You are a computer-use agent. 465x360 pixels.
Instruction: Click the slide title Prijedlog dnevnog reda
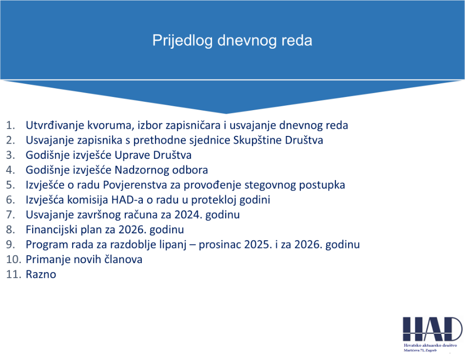click(232, 40)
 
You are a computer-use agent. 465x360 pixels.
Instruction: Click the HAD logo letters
click(432, 329)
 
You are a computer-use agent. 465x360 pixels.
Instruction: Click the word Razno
click(41, 274)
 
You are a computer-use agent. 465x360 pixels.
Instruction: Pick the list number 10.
click(14, 259)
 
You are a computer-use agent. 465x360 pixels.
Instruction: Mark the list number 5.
click(10, 185)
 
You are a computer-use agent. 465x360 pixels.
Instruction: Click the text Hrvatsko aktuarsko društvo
click(430, 345)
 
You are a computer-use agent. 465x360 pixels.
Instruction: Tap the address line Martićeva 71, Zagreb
click(420, 351)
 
